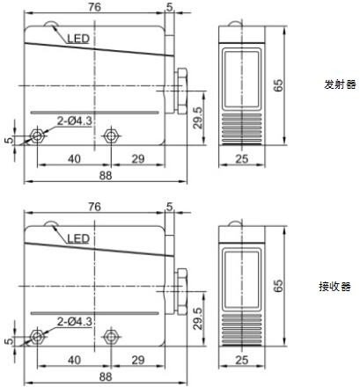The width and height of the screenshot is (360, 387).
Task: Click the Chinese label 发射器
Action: (x=340, y=84)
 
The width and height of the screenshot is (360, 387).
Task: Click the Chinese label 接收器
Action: (x=334, y=287)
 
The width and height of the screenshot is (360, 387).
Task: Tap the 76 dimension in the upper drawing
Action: (x=95, y=7)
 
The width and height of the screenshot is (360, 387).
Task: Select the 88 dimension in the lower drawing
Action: (x=106, y=376)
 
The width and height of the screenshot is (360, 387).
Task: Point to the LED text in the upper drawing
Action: (x=78, y=39)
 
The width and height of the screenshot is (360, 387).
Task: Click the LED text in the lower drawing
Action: (x=78, y=239)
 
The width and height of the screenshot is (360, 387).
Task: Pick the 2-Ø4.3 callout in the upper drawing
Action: (x=75, y=120)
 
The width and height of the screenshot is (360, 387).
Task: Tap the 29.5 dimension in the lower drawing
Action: (x=198, y=318)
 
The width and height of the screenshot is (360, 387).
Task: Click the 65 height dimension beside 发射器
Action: (x=278, y=85)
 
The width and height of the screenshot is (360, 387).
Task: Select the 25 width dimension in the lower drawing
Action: (x=242, y=360)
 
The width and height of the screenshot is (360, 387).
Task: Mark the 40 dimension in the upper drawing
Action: (x=74, y=159)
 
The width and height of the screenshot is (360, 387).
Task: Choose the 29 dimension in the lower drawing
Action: (x=138, y=360)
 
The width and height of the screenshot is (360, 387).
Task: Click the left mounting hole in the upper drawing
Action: (x=37, y=135)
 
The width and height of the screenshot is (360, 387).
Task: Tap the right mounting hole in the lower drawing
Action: (x=111, y=336)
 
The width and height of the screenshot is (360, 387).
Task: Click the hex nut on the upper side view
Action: (x=181, y=91)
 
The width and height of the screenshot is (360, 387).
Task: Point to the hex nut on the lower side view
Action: (x=181, y=291)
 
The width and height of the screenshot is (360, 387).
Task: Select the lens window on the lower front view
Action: (x=242, y=279)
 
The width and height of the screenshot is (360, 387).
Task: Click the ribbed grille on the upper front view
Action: (x=242, y=129)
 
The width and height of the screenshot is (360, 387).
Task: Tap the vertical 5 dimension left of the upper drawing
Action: (x=10, y=140)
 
